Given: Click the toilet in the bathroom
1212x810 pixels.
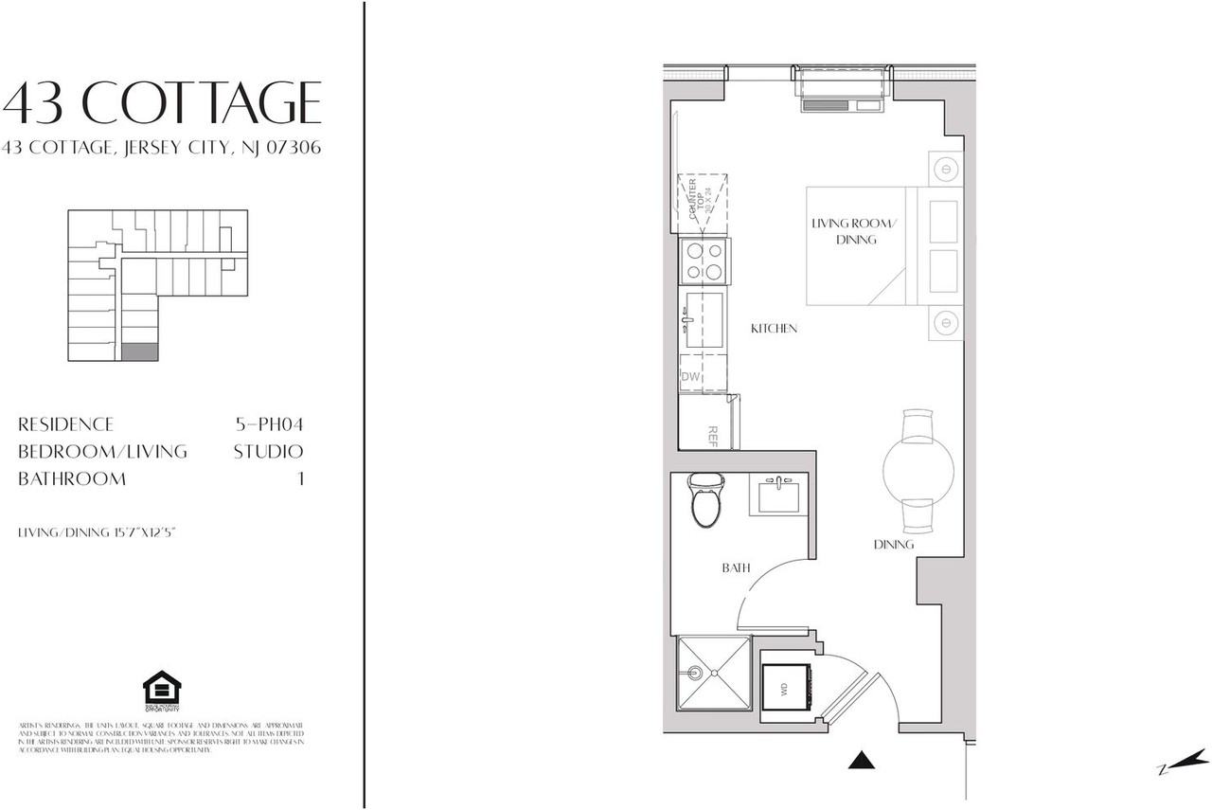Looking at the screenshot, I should (x=705, y=502).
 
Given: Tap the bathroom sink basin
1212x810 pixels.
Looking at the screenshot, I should (x=777, y=495).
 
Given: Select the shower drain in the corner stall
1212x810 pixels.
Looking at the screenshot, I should (x=697, y=675).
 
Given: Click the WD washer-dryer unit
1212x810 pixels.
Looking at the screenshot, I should (x=786, y=690).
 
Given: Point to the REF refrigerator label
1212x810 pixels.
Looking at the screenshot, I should (x=712, y=436).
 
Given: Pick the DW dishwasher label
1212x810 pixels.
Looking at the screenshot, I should (x=690, y=377).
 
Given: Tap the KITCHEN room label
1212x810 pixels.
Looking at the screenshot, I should (x=774, y=329).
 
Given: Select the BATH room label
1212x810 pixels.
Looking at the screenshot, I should (x=737, y=568).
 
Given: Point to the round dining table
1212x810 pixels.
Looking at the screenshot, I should (x=918, y=470).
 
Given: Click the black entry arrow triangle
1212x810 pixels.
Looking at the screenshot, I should (x=860, y=759).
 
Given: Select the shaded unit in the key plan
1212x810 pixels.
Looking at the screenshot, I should (x=140, y=351).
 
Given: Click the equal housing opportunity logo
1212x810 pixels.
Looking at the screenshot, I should (x=161, y=689).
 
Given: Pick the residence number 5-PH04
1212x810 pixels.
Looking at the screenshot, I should (x=269, y=424).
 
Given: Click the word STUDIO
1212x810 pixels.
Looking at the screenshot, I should (x=268, y=452).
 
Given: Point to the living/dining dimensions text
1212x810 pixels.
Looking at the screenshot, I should (x=98, y=533).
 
